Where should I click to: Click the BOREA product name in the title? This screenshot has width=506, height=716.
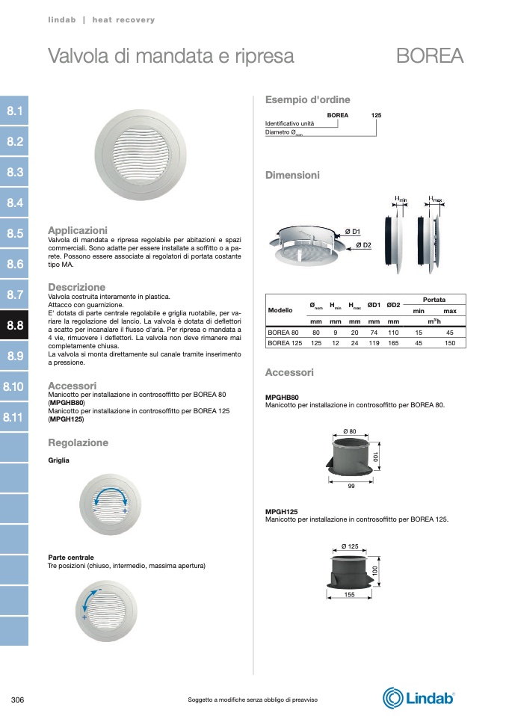coord(430,56)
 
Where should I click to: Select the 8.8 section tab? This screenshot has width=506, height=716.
coord(15,325)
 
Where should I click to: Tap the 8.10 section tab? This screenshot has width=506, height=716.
coord(14,386)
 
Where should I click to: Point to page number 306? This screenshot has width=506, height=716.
coord(19,700)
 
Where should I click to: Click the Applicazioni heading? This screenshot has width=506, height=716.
coord(78,230)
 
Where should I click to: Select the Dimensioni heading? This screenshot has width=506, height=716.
coord(292,175)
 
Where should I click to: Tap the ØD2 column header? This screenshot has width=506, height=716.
coord(393,305)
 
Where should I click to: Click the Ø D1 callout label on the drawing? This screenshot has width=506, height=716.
coord(353,232)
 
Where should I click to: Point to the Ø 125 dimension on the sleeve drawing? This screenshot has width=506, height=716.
coord(350,548)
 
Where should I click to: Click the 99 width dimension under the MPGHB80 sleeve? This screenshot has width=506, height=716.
coord(351,487)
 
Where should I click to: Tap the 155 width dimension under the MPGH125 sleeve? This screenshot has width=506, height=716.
coord(350,595)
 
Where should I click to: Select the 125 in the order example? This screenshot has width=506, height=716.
coord(376,116)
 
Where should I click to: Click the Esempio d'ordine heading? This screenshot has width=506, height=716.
coord(307,99)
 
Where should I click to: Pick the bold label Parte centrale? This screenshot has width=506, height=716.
coord(71,558)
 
